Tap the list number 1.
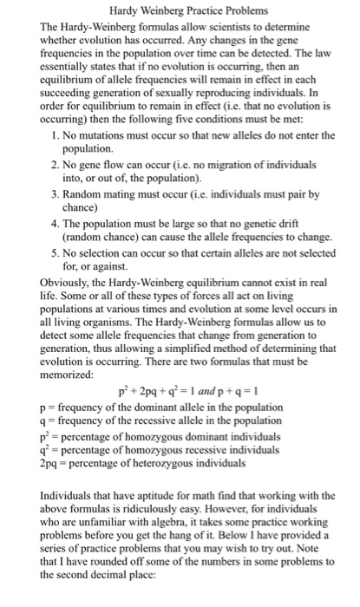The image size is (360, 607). [x=54, y=135]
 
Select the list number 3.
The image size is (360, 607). [x=54, y=195]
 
